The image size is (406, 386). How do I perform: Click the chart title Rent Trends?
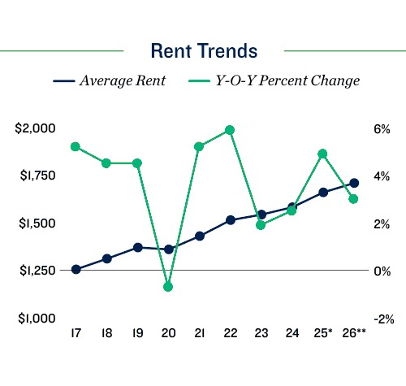click(x=204, y=50)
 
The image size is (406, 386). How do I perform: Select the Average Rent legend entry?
click(x=110, y=81)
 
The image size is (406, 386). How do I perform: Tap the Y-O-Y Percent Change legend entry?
click(x=274, y=81)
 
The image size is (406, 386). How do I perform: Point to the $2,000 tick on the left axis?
click(x=36, y=128)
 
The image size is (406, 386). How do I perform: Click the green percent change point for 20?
click(x=168, y=287)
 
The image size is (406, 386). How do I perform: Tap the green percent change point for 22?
click(x=230, y=130)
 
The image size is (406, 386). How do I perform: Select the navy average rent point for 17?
click(x=76, y=269)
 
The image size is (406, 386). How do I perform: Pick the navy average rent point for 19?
click(x=137, y=247)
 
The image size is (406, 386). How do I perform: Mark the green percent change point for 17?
click(x=76, y=147)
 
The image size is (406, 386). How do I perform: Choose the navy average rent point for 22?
click(x=230, y=220)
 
